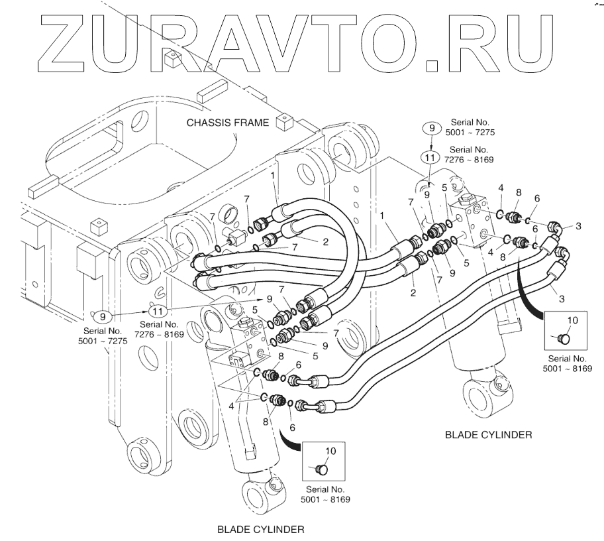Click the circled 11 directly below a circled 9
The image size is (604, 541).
coord(430,158)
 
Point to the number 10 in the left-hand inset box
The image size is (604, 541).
coord(329,451)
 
